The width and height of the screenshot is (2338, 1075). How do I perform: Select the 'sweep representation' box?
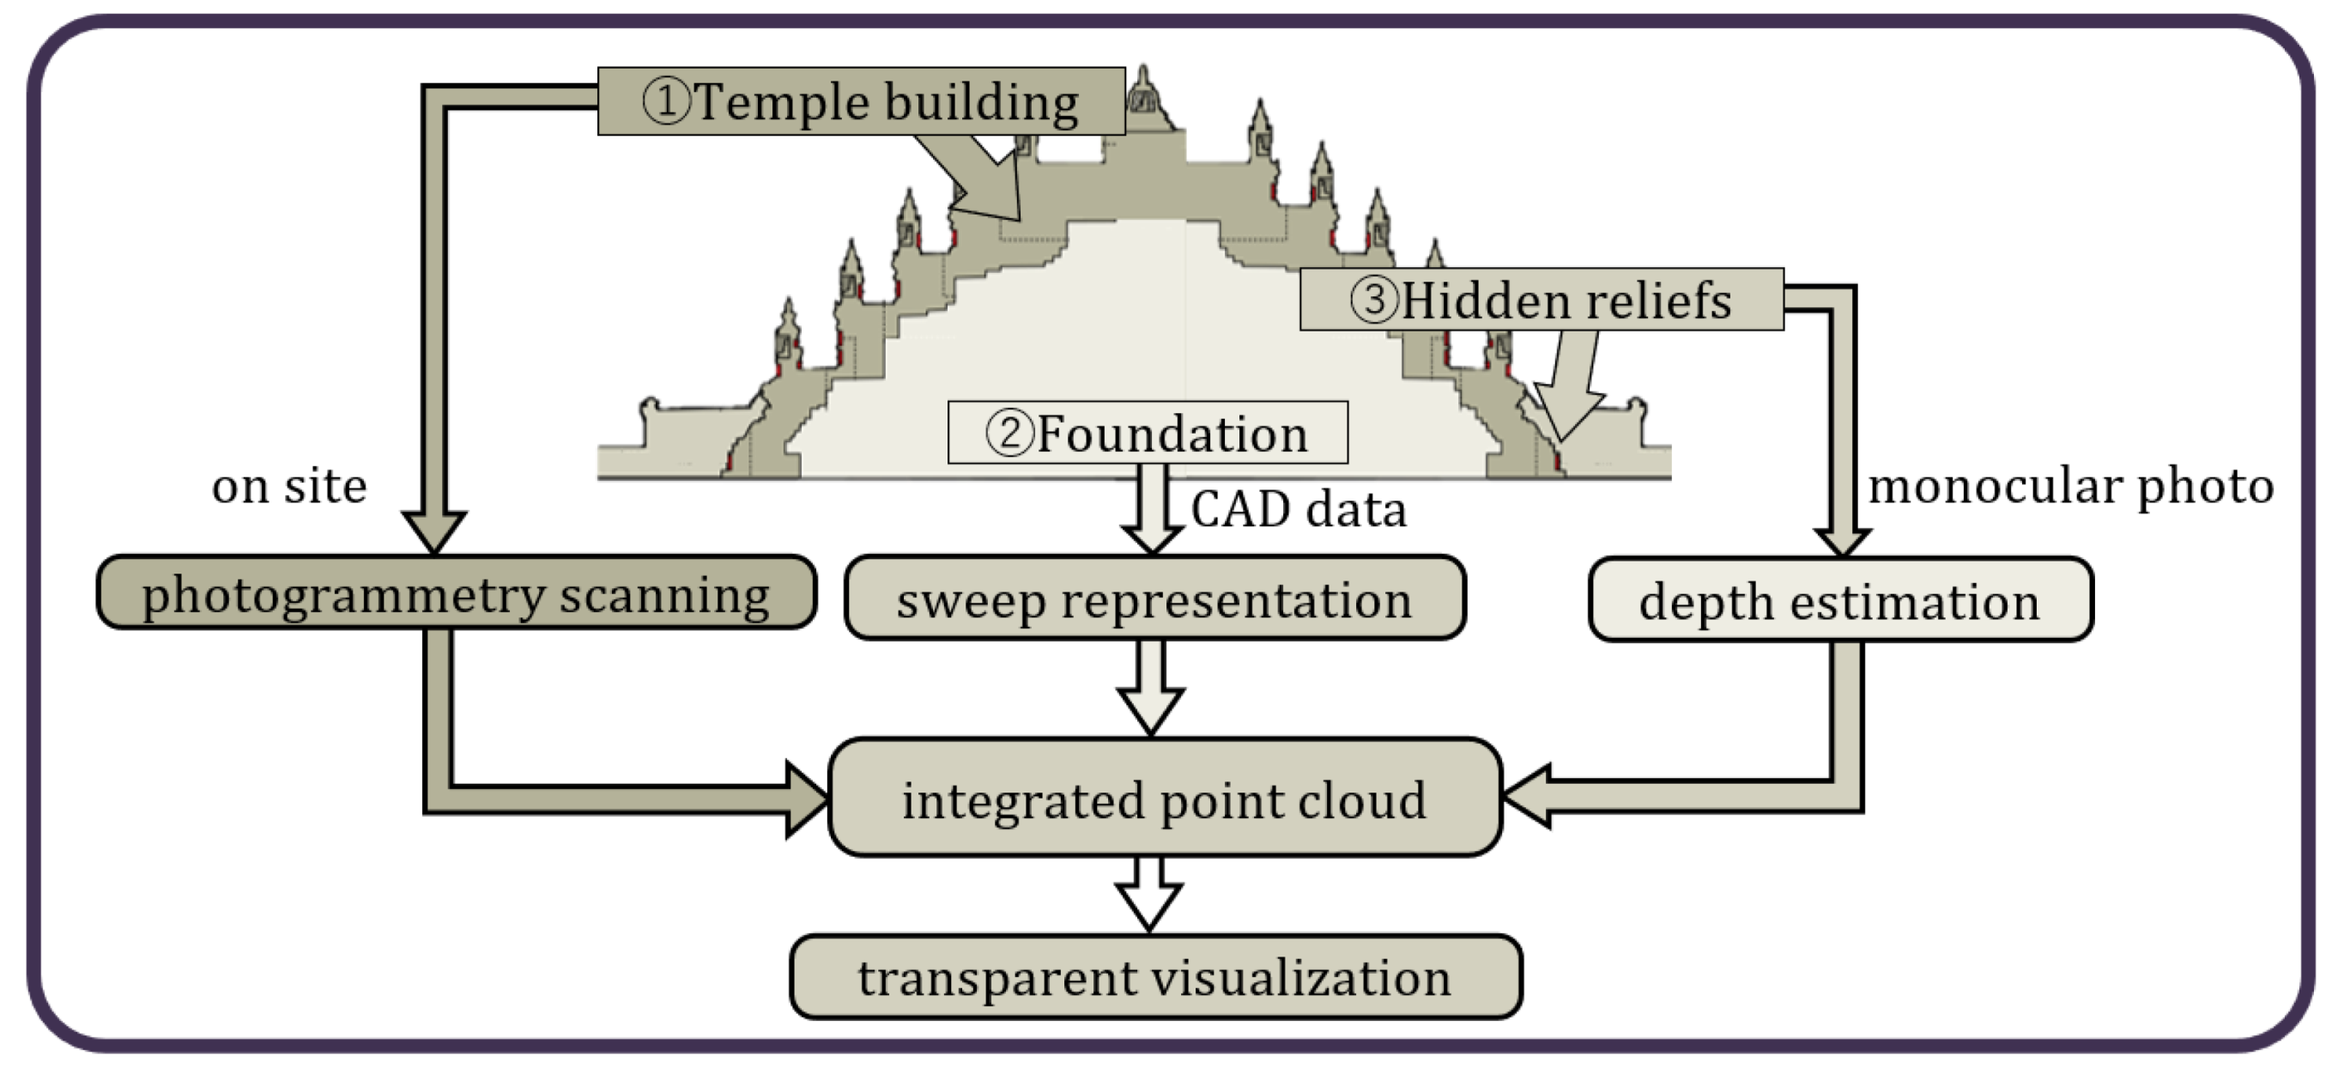point(1154,598)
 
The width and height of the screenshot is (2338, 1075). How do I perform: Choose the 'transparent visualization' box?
point(1155,977)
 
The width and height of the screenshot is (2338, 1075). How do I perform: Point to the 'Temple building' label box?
point(860,100)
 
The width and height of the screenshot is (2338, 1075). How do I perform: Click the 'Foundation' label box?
point(1148,432)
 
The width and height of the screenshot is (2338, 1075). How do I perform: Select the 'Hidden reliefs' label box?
point(1542,299)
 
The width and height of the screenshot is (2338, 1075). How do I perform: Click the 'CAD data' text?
point(1298,508)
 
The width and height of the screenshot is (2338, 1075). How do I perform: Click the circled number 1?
point(665,100)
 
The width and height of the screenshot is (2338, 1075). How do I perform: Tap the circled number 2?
point(1009,433)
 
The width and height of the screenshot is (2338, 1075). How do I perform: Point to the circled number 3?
point(1373,299)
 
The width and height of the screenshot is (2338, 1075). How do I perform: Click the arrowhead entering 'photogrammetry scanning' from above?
point(433,531)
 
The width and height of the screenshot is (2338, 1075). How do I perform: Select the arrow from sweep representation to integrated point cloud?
point(1150,690)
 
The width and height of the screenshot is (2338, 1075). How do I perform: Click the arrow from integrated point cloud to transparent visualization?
point(1149,896)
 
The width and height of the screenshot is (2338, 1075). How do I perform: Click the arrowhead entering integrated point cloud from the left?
point(806,799)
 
